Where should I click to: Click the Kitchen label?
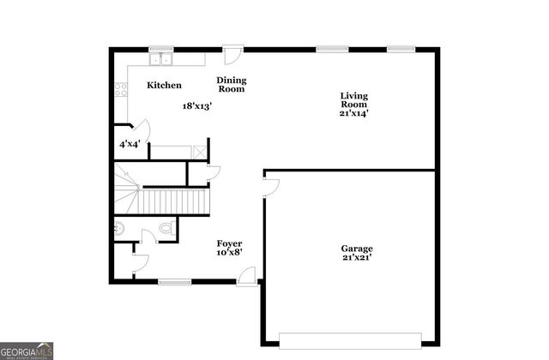tap(164, 85)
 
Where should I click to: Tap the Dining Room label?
tap(231, 84)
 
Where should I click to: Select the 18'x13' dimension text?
tap(196, 106)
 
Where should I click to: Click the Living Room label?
tap(353, 100)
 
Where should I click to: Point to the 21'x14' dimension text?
tap(353, 112)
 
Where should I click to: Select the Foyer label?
tap(229, 243)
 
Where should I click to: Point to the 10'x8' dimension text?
tap(229, 253)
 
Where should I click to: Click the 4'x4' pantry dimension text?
tap(129, 144)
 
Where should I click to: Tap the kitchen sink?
tap(160, 60)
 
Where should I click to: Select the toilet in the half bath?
tap(167, 230)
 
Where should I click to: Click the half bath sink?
tap(119, 229)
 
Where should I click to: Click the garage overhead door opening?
tap(350, 337)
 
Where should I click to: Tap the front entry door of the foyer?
tap(248, 275)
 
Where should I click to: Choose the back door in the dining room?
tap(232, 54)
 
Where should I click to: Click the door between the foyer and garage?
tap(270, 187)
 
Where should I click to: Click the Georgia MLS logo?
tap(27, 351)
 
